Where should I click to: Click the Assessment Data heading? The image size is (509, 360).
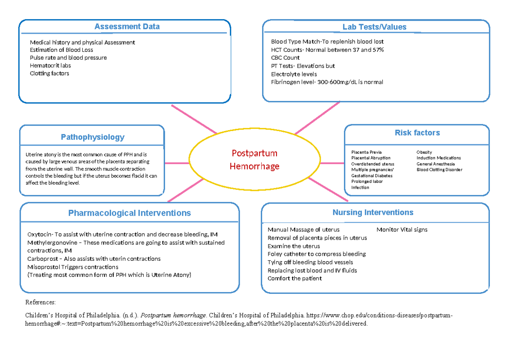pyautogui.click(x=127, y=27)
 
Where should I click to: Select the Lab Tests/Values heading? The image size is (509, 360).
pyautogui.click(x=374, y=27)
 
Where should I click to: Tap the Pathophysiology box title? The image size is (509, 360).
pyautogui.click(x=92, y=137)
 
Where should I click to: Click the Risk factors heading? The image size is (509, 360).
pyautogui.click(x=417, y=133)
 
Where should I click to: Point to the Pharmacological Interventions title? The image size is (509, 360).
pyautogui.click(x=129, y=213)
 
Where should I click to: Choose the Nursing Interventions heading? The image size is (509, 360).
pyautogui.click(x=373, y=212)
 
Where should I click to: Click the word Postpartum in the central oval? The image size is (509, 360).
pyautogui.click(x=254, y=153)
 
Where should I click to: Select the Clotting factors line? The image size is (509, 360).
pyautogui.click(x=49, y=73)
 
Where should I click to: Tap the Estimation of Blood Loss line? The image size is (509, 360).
pyautogui.click(x=62, y=50)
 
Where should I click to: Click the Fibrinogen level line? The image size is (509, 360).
pyautogui.click(x=327, y=82)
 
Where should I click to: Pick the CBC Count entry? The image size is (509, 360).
pyautogui.click(x=285, y=58)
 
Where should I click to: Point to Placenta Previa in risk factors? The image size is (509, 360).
pyautogui.click(x=366, y=152)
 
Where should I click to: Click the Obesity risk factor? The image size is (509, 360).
pyautogui.click(x=424, y=152)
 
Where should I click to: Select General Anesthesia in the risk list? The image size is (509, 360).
pyautogui.click(x=435, y=164)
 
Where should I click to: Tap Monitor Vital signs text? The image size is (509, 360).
pyautogui.click(x=402, y=230)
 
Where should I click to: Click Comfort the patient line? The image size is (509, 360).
pyautogui.click(x=294, y=279)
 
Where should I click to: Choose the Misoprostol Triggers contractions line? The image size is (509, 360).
pyautogui.click(x=73, y=267)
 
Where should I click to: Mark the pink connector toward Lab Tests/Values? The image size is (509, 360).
pyautogui.click(x=317, y=118)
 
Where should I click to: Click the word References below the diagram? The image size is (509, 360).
pyautogui.click(x=40, y=302)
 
